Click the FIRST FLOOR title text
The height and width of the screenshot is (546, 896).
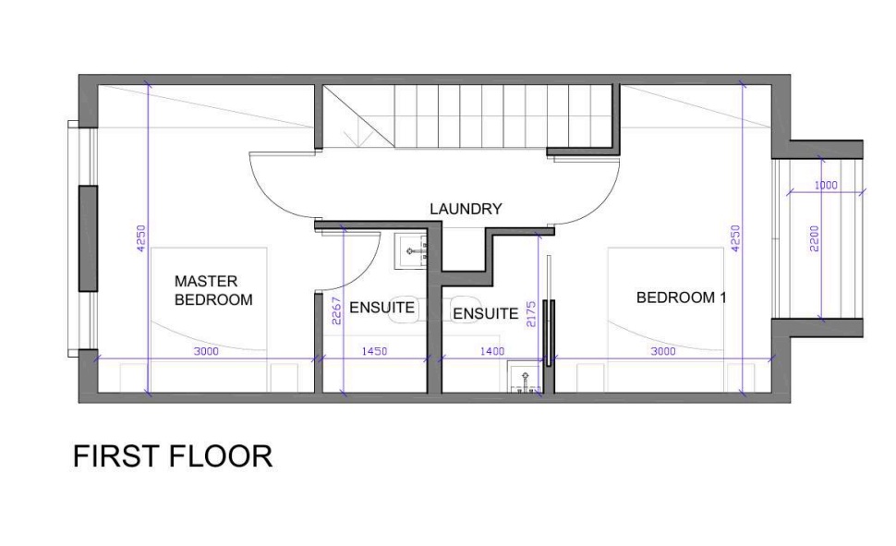click(x=173, y=456)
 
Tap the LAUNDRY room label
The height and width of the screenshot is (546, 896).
click(x=466, y=209)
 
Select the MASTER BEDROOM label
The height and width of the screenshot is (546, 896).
click(x=213, y=290)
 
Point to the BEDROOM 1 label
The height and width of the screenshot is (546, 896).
click(x=681, y=297)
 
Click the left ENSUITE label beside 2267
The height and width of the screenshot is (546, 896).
click(x=381, y=308)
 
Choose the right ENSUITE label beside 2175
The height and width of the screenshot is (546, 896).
click(x=486, y=314)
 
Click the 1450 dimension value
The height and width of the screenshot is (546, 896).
click(x=375, y=351)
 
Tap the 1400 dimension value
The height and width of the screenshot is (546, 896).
click(x=492, y=351)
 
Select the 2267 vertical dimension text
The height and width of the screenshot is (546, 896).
click(x=336, y=311)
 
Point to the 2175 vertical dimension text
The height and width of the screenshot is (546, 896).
click(x=531, y=314)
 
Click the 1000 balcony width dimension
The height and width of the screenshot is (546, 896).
click(x=826, y=186)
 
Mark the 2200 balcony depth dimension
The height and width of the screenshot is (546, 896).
click(x=815, y=239)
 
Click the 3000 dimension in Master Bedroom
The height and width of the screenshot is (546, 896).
click(x=206, y=351)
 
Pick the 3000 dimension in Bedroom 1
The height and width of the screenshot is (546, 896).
click(x=663, y=351)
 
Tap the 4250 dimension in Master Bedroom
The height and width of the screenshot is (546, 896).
click(x=141, y=237)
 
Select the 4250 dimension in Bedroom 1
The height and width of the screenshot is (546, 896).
click(x=736, y=237)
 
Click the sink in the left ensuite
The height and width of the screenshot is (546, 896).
click(x=410, y=251)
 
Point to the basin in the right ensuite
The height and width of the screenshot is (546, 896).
click(x=525, y=376)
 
